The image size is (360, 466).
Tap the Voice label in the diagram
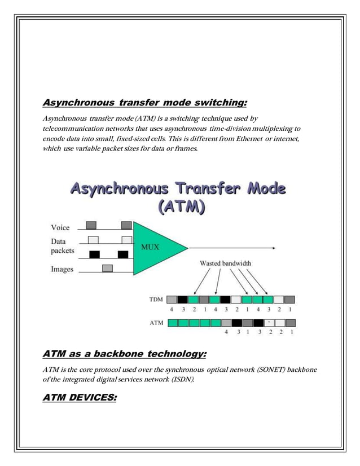pyautogui.click(x=60, y=228)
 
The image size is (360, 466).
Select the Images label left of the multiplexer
pyautogui.click(x=62, y=269)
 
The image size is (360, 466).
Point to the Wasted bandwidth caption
pyautogui.click(x=226, y=263)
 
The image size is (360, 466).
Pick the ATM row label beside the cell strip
pyautogui.click(x=156, y=323)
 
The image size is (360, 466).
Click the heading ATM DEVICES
pyautogui.click(x=80, y=398)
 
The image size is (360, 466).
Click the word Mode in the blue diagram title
pyautogui.click(x=260, y=187)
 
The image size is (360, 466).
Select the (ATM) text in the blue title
pyautogui.click(x=179, y=207)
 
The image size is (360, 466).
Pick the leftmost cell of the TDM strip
pyautogui.click(x=172, y=300)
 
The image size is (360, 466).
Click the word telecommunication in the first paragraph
pyautogui.click(x=73, y=129)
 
